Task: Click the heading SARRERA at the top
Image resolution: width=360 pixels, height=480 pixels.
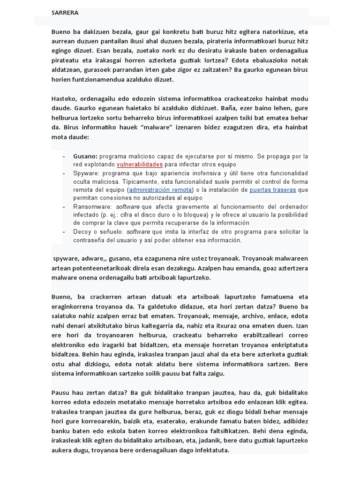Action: (x=65, y=13)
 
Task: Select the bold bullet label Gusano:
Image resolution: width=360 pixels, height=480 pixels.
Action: (x=85, y=156)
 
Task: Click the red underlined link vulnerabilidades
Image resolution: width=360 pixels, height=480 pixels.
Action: (x=139, y=165)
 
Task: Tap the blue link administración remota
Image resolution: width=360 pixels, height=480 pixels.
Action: (x=160, y=190)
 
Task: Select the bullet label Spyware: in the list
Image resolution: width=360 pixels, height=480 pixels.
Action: (x=87, y=173)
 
